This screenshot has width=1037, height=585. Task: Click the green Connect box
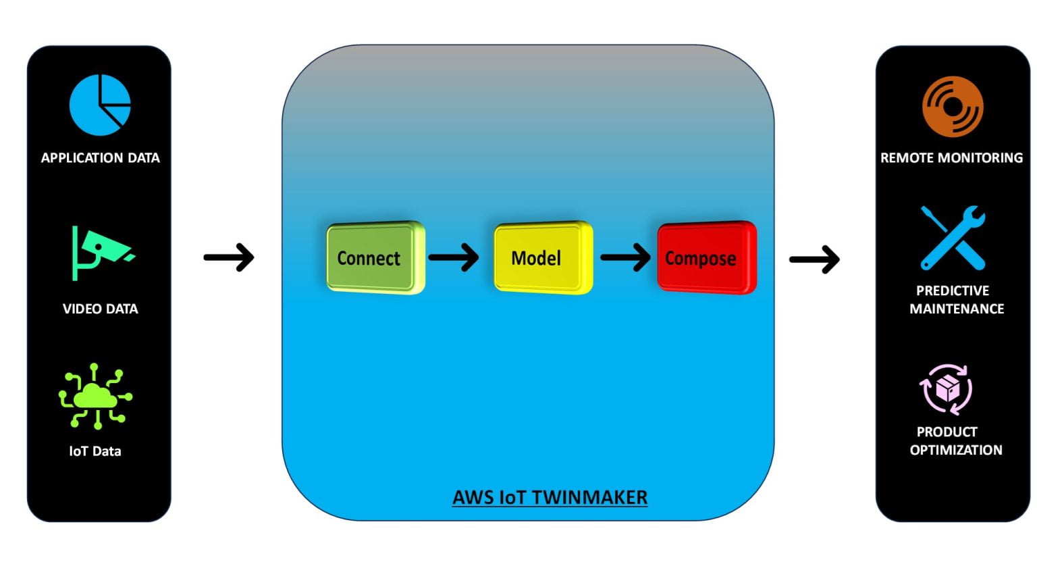(x=375, y=257)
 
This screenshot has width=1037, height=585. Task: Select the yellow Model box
(x=542, y=257)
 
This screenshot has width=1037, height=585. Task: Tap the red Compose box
(x=706, y=257)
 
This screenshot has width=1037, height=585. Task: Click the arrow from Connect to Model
(x=454, y=257)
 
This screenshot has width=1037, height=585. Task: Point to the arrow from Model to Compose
(x=625, y=257)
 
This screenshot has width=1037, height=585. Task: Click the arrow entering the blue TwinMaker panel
(x=229, y=257)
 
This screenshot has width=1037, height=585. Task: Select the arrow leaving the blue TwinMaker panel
(x=814, y=259)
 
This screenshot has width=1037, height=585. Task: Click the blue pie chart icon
(x=100, y=105)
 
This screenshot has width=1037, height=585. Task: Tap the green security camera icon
(x=101, y=252)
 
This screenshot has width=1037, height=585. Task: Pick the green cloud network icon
(x=95, y=397)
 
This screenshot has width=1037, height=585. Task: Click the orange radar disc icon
(x=953, y=106)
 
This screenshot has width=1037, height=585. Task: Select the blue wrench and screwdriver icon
(x=953, y=238)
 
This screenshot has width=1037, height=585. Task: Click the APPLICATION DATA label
(x=100, y=158)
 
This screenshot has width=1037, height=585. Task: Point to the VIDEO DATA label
(x=100, y=309)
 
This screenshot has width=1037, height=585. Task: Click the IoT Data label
(x=95, y=451)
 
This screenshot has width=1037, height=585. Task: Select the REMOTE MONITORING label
(x=951, y=158)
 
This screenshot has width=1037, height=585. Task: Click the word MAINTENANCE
(x=957, y=309)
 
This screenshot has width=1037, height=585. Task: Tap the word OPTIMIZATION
(x=955, y=450)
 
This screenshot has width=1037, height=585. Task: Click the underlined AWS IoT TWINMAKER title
(x=550, y=498)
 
